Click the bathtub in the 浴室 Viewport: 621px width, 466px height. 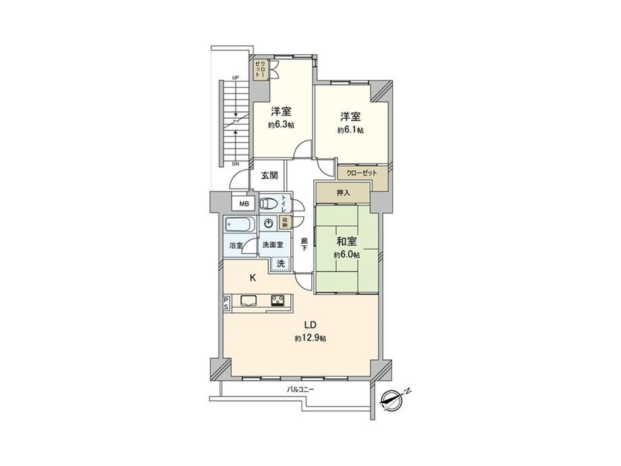tap(238, 225)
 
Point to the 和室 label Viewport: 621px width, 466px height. tap(347, 241)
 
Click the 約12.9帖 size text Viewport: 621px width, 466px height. tap(310, 338)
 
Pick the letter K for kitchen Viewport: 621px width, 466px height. tap(252, 278)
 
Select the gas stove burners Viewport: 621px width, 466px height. tap(279, 301)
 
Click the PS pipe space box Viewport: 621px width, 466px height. tap(225, 303)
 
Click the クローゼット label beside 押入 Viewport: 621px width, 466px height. tap(362, 173)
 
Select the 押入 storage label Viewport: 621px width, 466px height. tap(343, 192)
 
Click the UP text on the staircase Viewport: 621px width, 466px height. tap(235, 78)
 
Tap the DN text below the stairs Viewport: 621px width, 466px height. tap(235, 164)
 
